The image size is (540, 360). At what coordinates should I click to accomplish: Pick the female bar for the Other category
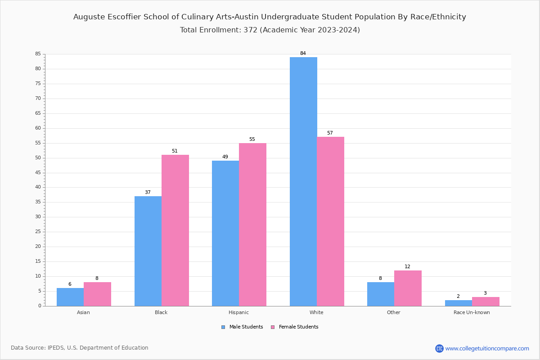click(x=408, y=288)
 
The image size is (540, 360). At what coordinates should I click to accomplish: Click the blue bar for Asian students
click(x=70, y=297)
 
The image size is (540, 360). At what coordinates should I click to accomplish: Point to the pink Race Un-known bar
click(x=486, y=301)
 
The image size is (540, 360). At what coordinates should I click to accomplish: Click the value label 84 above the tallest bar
click(x=303, y=53)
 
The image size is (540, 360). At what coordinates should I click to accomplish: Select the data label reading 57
click(x=330, y=133)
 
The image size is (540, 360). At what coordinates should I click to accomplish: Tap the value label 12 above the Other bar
click(x=407, y=266)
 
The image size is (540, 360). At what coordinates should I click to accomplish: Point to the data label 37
click(x=148, y=192)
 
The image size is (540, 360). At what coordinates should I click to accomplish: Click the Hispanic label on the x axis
click(x=238, y=312)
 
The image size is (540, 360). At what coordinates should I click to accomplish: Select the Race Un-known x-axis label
click(x=472, y=312)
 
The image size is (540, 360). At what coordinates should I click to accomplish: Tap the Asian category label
click(x=83, y=312)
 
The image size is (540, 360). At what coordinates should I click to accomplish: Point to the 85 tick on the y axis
click(x=38, y=54)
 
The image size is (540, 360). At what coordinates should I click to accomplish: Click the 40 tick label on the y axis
click(x=38, y=187)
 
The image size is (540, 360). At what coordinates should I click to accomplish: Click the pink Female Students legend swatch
click(x=273, y=327)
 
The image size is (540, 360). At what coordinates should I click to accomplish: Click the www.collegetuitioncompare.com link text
click(x=487, y=348)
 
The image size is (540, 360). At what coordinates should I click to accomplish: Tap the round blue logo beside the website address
click(x=439, y=348)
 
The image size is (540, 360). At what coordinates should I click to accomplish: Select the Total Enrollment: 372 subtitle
click(x=270, y=30)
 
